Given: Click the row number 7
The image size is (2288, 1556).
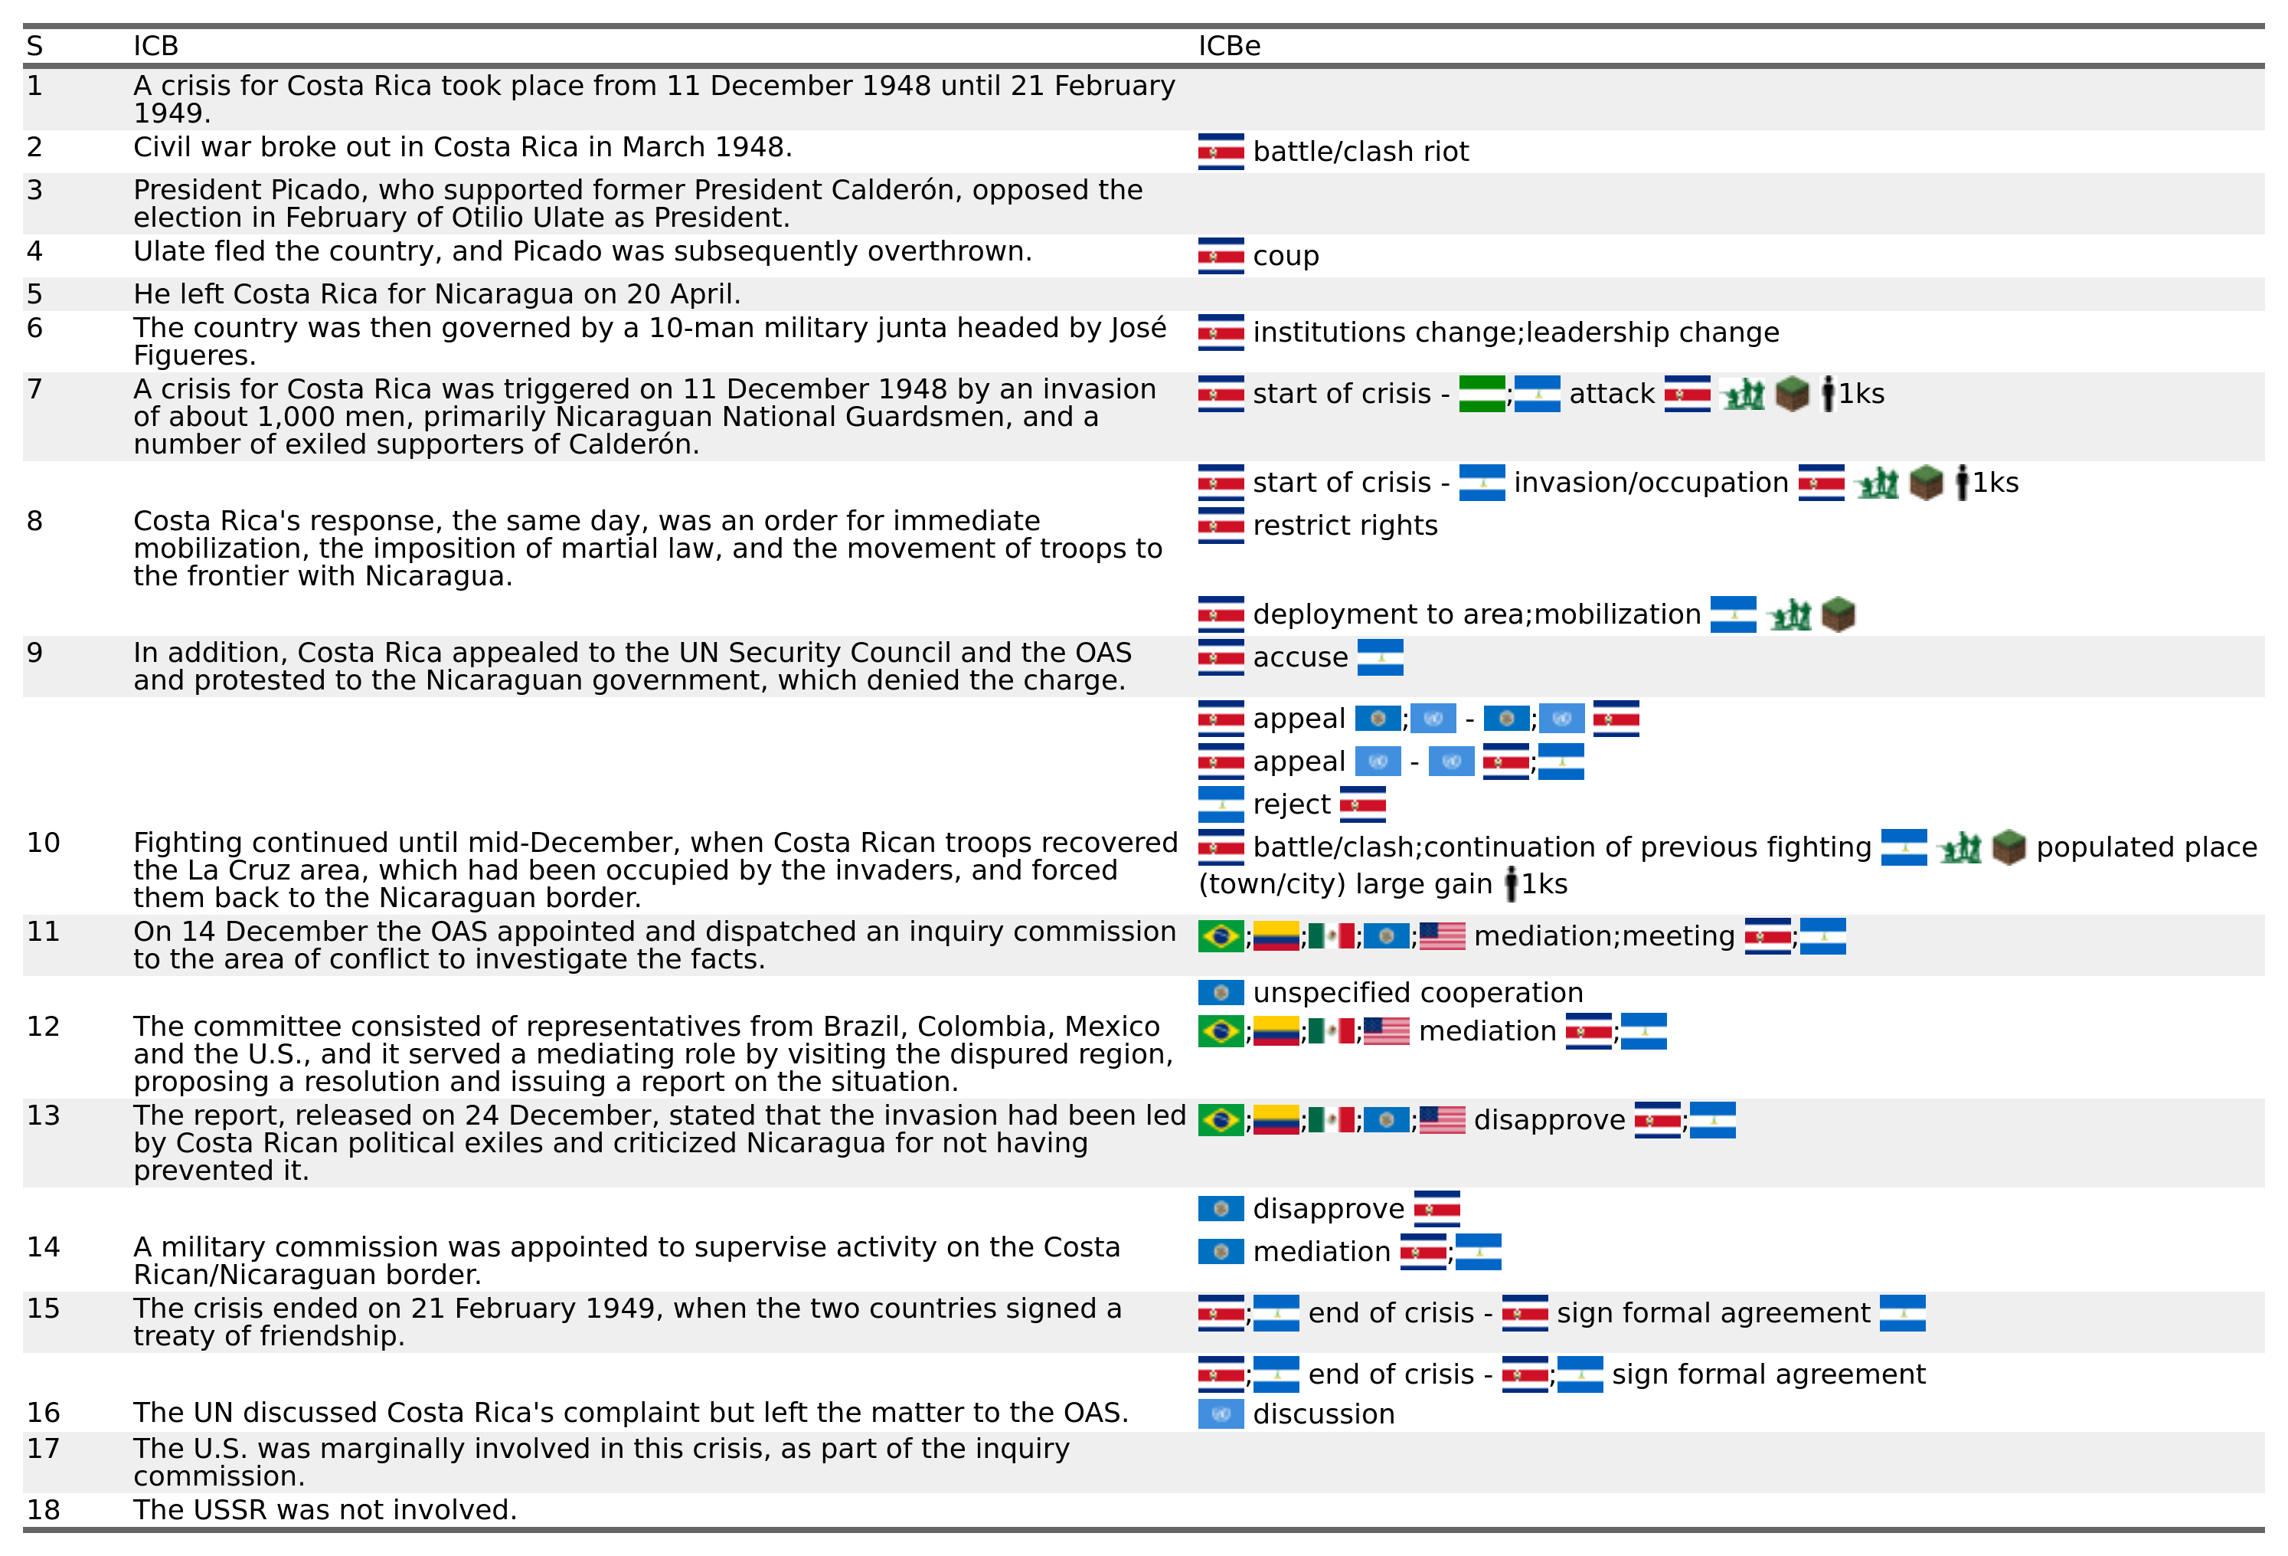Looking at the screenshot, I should [34, 390].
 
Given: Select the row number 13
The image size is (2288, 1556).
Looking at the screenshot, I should [44, 1115].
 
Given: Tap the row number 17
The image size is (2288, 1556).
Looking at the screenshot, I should [44, 1449].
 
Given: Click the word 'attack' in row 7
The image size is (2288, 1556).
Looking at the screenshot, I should [1612, 394].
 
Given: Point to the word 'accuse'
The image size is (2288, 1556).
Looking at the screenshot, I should [1299, 658].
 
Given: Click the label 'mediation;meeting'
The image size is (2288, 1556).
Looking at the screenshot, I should [1603, 936].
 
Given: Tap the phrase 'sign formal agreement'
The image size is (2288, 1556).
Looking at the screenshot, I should [1713, 1314].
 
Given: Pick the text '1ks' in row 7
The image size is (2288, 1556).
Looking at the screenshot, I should [1861, 394].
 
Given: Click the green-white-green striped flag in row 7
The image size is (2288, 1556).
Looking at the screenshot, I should [1482, 394].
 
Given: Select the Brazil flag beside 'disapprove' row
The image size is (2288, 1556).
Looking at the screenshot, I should [1221, 1121].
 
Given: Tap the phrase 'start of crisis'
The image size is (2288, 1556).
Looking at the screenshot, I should [1341, 394].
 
